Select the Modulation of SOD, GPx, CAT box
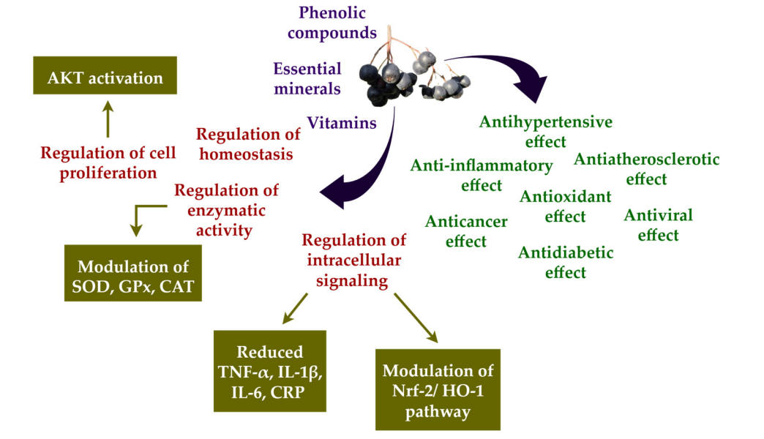pyautogui.click(x=132, y=274)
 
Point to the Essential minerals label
pyautogui.click(x=307, y=78)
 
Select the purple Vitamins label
pyautogui.click(x=342, y=122)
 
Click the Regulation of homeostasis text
pyautogui.click(x=248, y=144)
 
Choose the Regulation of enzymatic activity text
pyautogui.click(x=226, y=210)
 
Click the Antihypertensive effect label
pyautogui.click(x=545, y=131)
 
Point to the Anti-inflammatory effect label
pyautogui.click(x=481, y=175)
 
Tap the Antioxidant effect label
pyautogui.click(x=565, y=206)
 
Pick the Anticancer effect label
pyautogui.click(x=465, y=230)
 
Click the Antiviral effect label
pyautogui.click(x=658, y=225)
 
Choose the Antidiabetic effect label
pyautogui.click(x=566, y=262)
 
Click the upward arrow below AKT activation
pyautogui.click(x=108, y=119)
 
